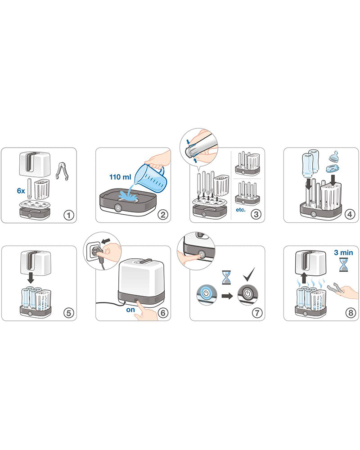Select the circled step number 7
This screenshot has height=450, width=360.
(256, 312)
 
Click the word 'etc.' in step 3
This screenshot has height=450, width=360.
(241, 210)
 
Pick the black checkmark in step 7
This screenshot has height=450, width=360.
(248, 274)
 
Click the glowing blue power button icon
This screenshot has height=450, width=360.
(205, 296)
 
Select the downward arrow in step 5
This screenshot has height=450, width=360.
(31, 279)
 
